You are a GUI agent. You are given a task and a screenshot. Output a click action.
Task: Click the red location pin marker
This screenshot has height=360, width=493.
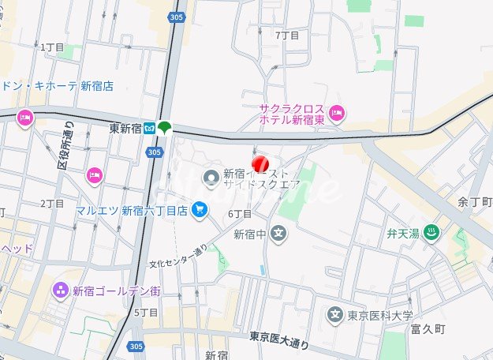point(260,163)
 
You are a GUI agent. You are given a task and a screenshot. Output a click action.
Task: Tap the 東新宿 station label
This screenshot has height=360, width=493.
point(124,128)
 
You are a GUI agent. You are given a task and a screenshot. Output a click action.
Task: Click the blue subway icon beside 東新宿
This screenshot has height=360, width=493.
point(148,128)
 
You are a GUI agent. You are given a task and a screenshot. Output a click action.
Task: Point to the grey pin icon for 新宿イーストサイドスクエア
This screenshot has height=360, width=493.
point(211,179)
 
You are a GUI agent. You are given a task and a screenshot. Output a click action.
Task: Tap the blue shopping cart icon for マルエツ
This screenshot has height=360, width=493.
point(200,210)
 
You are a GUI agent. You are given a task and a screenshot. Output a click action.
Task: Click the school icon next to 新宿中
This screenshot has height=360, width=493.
point(278,233)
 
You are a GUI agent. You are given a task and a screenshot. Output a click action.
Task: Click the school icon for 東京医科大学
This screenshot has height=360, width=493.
point(335,316)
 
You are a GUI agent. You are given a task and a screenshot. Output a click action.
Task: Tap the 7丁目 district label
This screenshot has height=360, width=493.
point(287,36)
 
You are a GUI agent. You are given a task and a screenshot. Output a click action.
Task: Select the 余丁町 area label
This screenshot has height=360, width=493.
point(473,202)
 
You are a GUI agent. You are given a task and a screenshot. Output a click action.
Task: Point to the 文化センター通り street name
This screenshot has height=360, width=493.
point(178,257)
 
